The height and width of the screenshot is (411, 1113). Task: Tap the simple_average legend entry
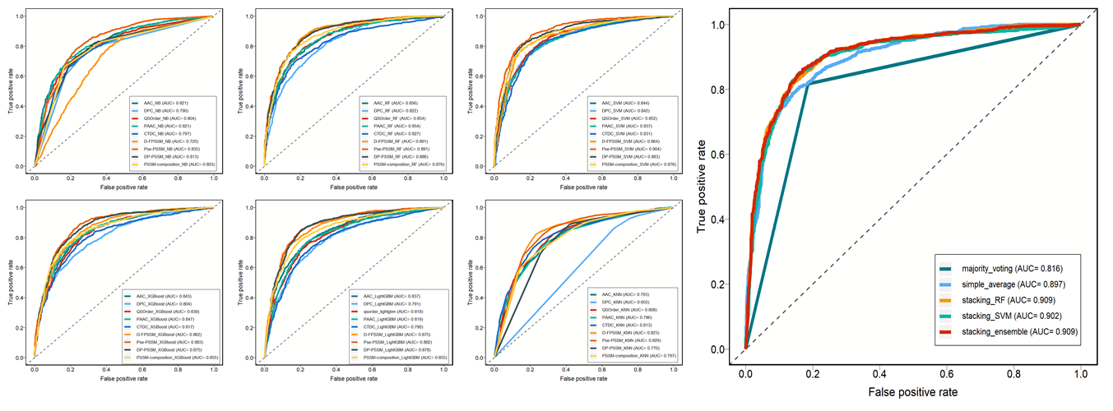pos(1002,284)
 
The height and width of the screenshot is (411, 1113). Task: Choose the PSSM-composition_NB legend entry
pos(174,164)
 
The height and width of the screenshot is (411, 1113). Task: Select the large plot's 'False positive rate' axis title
pos(910,391)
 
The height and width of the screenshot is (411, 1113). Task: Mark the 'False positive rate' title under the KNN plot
pos(582,379)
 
